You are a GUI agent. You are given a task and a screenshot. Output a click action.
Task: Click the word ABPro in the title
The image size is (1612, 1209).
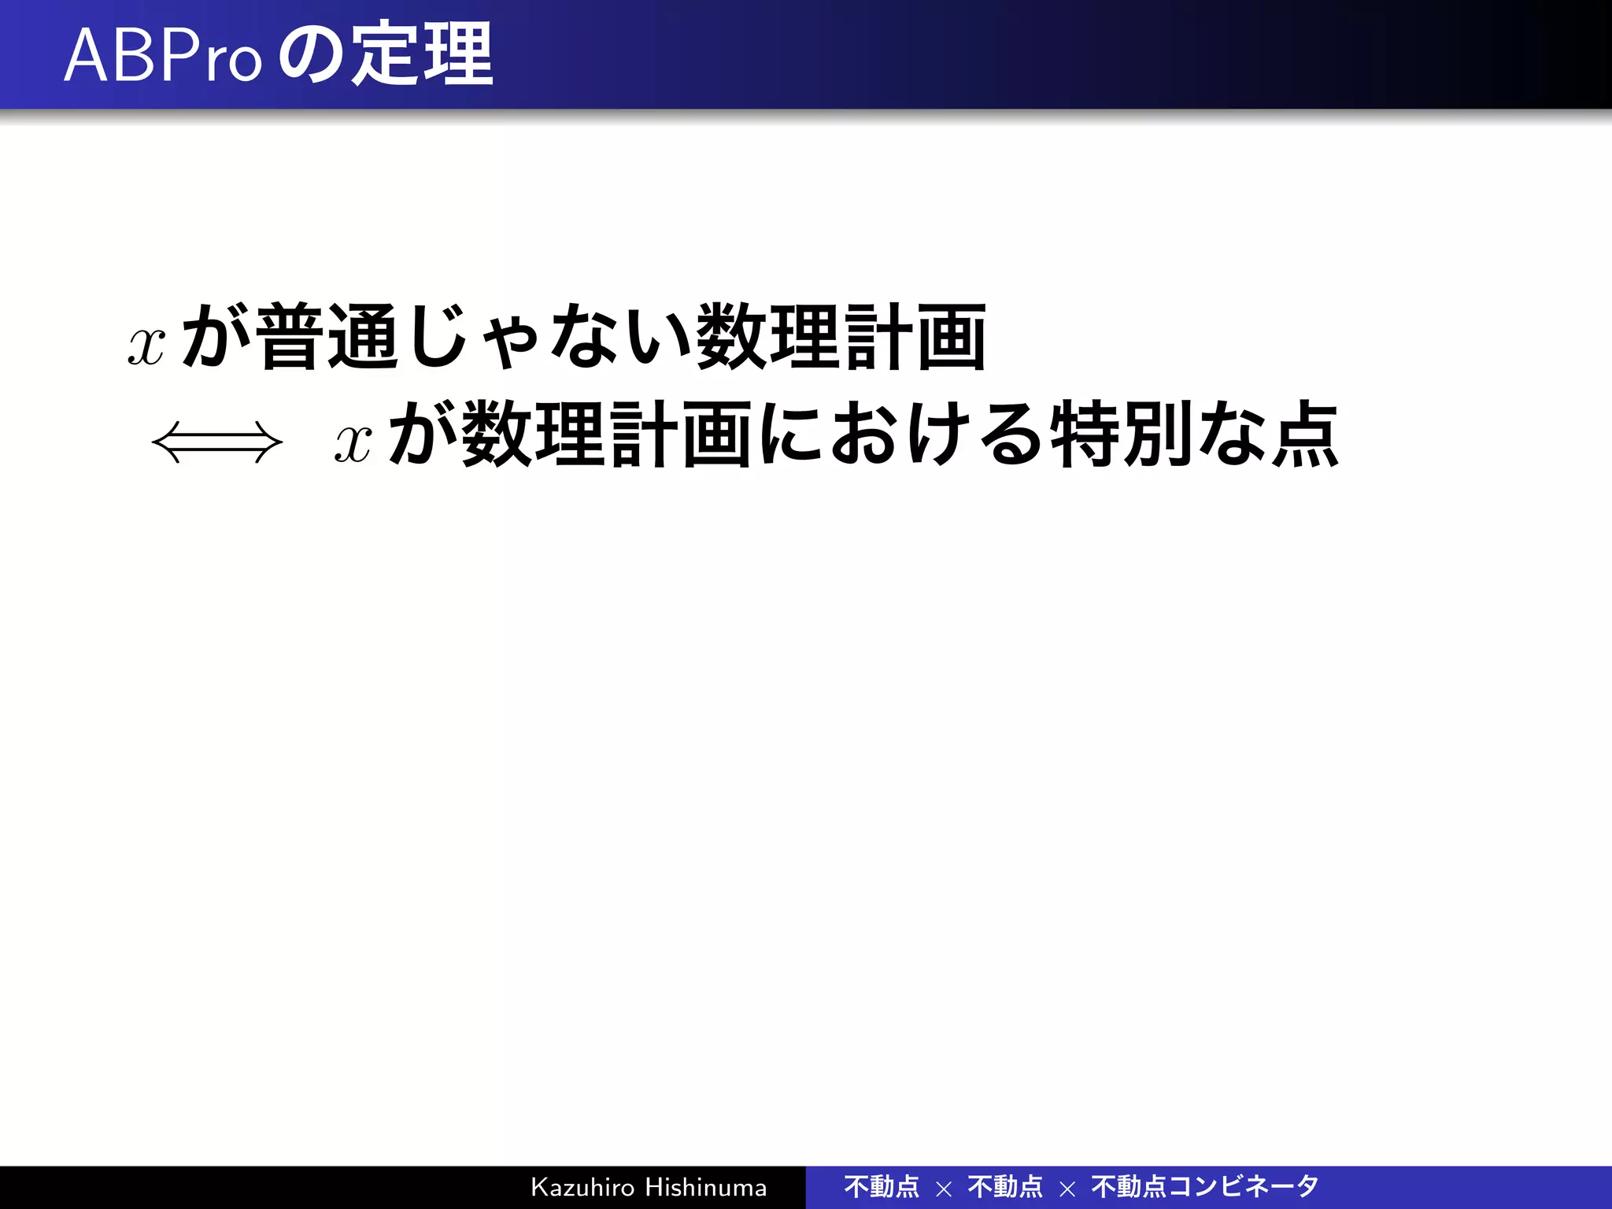pos(162,57)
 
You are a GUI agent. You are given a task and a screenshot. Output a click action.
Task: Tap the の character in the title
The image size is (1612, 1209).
pos(309,57)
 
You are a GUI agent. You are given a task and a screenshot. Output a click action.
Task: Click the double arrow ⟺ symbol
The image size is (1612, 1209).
pos(217,442)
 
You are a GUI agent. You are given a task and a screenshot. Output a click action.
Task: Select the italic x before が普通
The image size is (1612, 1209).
pos(147,345)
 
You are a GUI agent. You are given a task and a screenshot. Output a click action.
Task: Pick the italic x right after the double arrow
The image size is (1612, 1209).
pos(353,442)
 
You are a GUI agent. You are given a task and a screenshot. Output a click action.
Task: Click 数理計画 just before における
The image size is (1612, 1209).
pos(606,434)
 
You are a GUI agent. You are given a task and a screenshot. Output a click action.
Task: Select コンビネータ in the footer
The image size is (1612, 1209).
pos(1243,1186)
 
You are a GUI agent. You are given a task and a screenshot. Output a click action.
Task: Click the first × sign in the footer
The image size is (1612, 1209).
pos(944,1189)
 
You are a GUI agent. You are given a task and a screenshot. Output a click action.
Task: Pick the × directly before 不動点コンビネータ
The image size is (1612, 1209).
pos(1067,1189)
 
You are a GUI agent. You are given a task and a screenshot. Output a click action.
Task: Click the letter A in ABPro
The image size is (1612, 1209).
pos(86,57)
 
